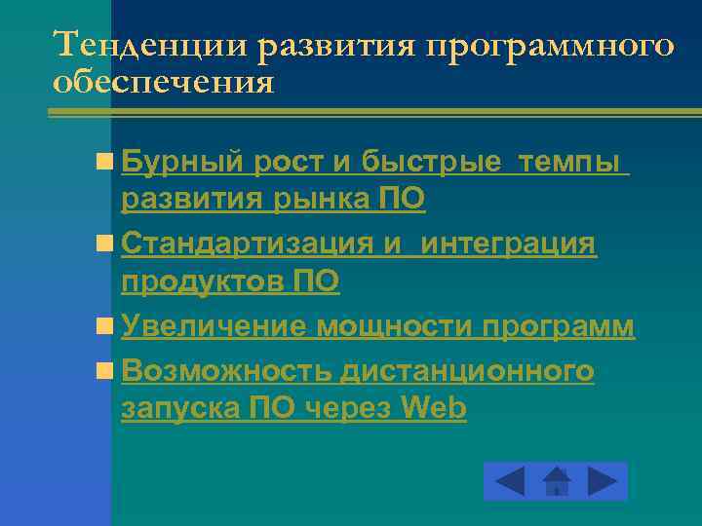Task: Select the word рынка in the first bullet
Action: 322,200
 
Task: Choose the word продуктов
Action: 203,282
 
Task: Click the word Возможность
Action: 229,370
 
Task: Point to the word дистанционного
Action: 468,370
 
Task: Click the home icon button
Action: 556,481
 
